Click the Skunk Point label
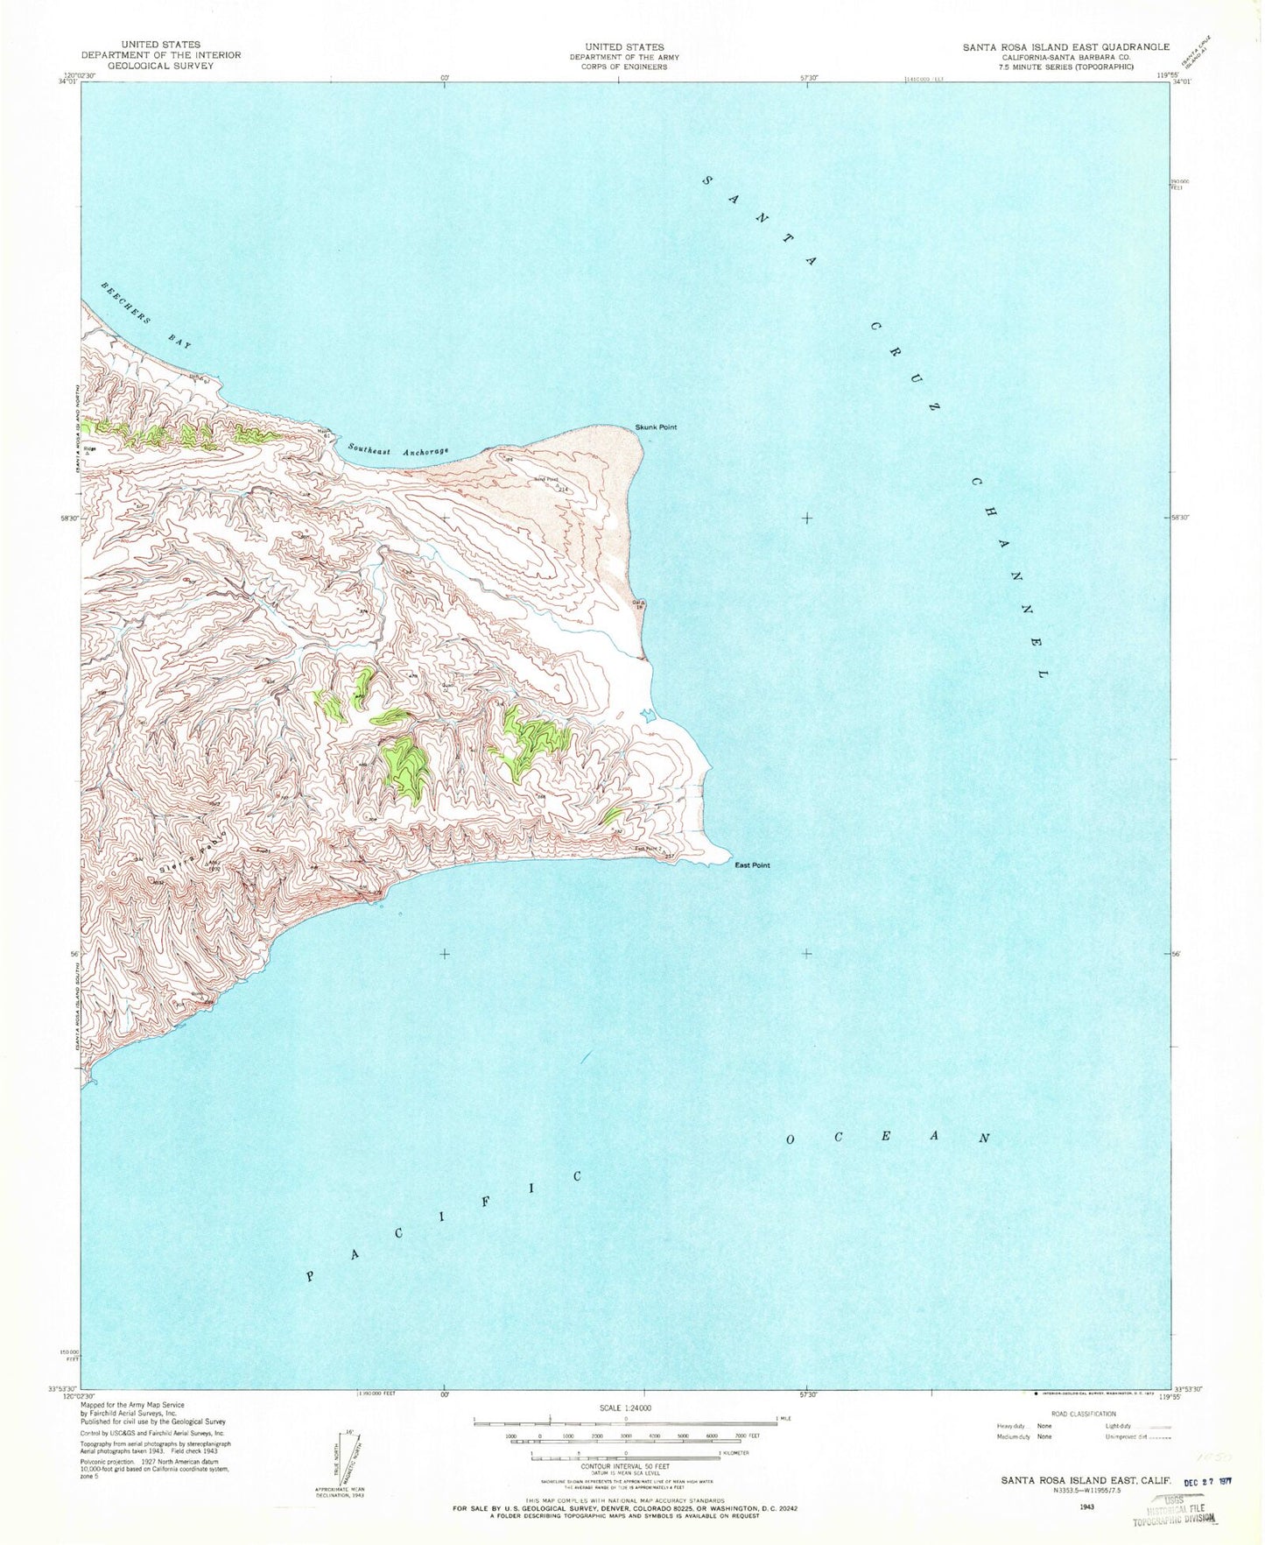656,427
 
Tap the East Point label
752,865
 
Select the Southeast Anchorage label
397,449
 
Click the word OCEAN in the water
888,1139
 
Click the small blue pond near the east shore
647,716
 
